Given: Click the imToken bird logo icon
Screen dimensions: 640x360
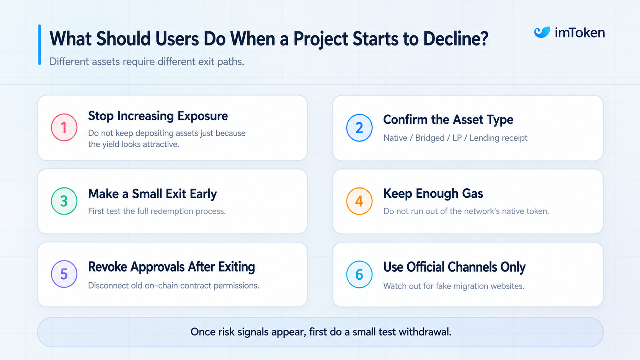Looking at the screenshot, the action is point(542,32).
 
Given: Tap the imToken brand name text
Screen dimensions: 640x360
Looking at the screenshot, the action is point(580,33).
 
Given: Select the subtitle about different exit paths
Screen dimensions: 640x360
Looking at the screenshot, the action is point(147,62).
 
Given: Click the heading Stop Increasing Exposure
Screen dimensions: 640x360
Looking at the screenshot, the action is point(158,116).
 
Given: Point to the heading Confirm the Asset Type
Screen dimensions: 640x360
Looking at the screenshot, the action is point(448,120).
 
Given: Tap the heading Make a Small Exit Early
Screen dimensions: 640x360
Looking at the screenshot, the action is point(152,194).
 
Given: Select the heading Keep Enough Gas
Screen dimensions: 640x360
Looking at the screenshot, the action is point(433,194).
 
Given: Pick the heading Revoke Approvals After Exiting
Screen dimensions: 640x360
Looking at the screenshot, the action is point(171,267).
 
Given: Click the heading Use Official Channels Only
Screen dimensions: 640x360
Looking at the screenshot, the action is point(454,267).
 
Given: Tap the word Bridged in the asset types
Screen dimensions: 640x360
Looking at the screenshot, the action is point(430,138).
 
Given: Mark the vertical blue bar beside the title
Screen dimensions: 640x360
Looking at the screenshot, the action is point(40,44).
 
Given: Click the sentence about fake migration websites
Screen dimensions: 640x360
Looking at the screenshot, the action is point(454,286).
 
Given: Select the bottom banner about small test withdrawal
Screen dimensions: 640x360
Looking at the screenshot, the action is point(320,332).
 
